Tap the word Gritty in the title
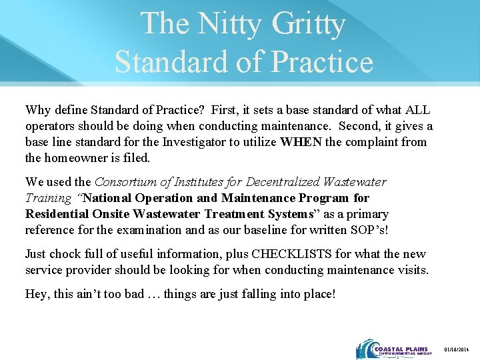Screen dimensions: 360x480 coord(309,24)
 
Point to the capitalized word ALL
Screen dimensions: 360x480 coord(417,109)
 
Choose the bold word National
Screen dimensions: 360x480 coord(110,198)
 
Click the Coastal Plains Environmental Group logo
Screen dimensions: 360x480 coord(394,348)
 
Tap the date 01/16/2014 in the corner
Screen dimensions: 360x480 coord(458,349)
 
